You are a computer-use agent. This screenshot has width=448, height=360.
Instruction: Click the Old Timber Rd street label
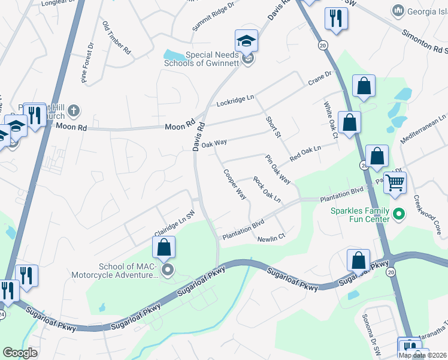click(117, 38)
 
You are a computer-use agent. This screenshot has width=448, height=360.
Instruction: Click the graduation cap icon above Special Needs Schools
click(246, 41)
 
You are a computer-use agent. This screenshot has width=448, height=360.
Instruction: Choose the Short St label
click(273, 126)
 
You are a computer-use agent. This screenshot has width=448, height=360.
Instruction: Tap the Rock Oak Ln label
click(267, 188)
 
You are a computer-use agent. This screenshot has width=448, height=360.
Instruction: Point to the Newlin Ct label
click(270, 239)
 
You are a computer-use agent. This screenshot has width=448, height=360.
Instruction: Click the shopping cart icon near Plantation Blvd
click(395, 182)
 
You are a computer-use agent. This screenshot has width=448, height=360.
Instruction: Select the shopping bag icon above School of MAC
click(164, 247)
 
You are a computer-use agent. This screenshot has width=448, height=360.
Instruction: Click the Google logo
click(20, 352)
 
